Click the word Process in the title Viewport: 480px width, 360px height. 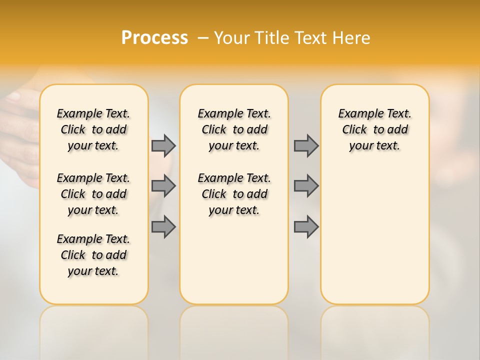coord(154,38)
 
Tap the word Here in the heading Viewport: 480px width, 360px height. coord(351,38)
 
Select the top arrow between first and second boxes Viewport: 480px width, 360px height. coord(163,145)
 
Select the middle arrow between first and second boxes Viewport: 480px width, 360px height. coord(163,186)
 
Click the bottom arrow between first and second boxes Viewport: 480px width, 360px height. coord(163,227)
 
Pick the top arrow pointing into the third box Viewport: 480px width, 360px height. coord(306,145)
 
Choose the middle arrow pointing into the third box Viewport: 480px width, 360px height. coord(306,186)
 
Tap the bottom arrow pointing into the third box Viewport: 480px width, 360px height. coord(306,227)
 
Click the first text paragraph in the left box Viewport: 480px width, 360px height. coord(93,129)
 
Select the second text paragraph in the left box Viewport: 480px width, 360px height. coord(93,194)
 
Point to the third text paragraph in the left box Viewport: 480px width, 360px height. coord(93,255)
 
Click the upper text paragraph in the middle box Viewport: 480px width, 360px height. coord(234,129)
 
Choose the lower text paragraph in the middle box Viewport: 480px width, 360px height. coord(234,194)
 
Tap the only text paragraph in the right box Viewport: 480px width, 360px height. coord(374,129)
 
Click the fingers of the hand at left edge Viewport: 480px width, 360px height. coord(17,125)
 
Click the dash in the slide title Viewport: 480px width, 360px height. coord(203,38)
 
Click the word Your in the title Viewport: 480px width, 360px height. coord(232,38)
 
